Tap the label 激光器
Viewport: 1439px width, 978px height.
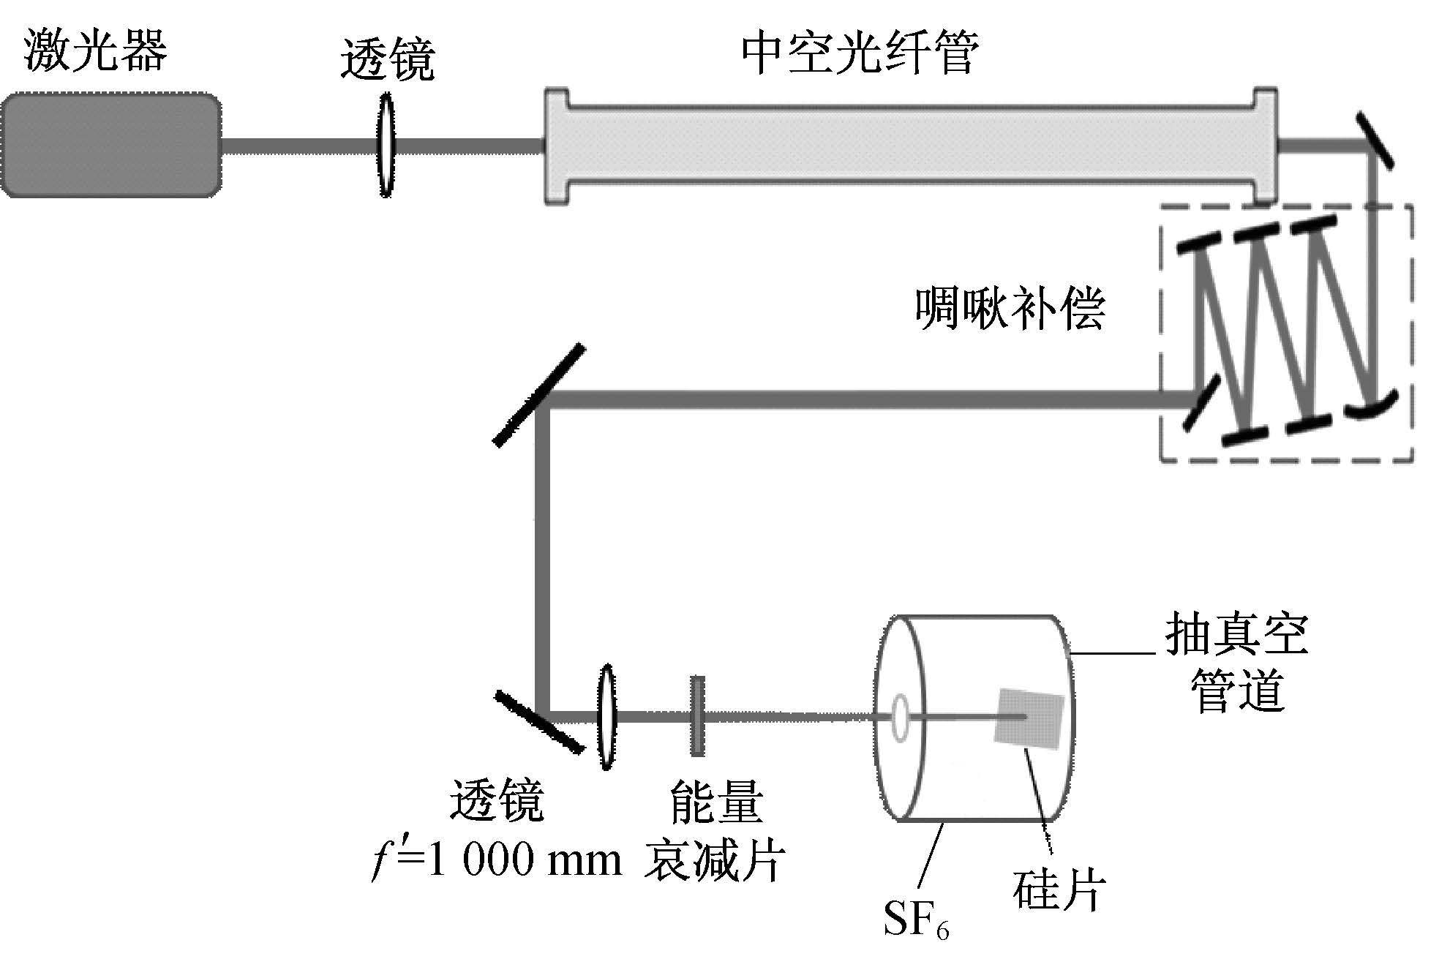pyautogui.click(x=96, y=50)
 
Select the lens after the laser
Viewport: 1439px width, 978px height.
pyautogui.click(x=386, y=145)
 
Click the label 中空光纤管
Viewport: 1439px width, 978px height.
pyautogui.click(x=860, y=53)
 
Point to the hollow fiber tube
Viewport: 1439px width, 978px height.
pyautogui.click(x=911, y=146)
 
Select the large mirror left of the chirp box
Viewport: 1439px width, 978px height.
pyautogui.click(x=539, y=395)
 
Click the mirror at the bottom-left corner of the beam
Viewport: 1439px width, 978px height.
pyautogui.click(x=539, y=721)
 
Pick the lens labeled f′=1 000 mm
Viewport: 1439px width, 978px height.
pyautogui.click(x=606, y=717)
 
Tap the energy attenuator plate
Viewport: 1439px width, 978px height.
pyautogui.click(x=697, y=716)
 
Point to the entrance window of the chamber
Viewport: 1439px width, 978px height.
pyautogui.click(x=899, y=715)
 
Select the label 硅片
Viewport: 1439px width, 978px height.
pyautogui.click(x=1059, y=889)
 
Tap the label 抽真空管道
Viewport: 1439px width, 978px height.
pyautogui.click(x=1237, y=663)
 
